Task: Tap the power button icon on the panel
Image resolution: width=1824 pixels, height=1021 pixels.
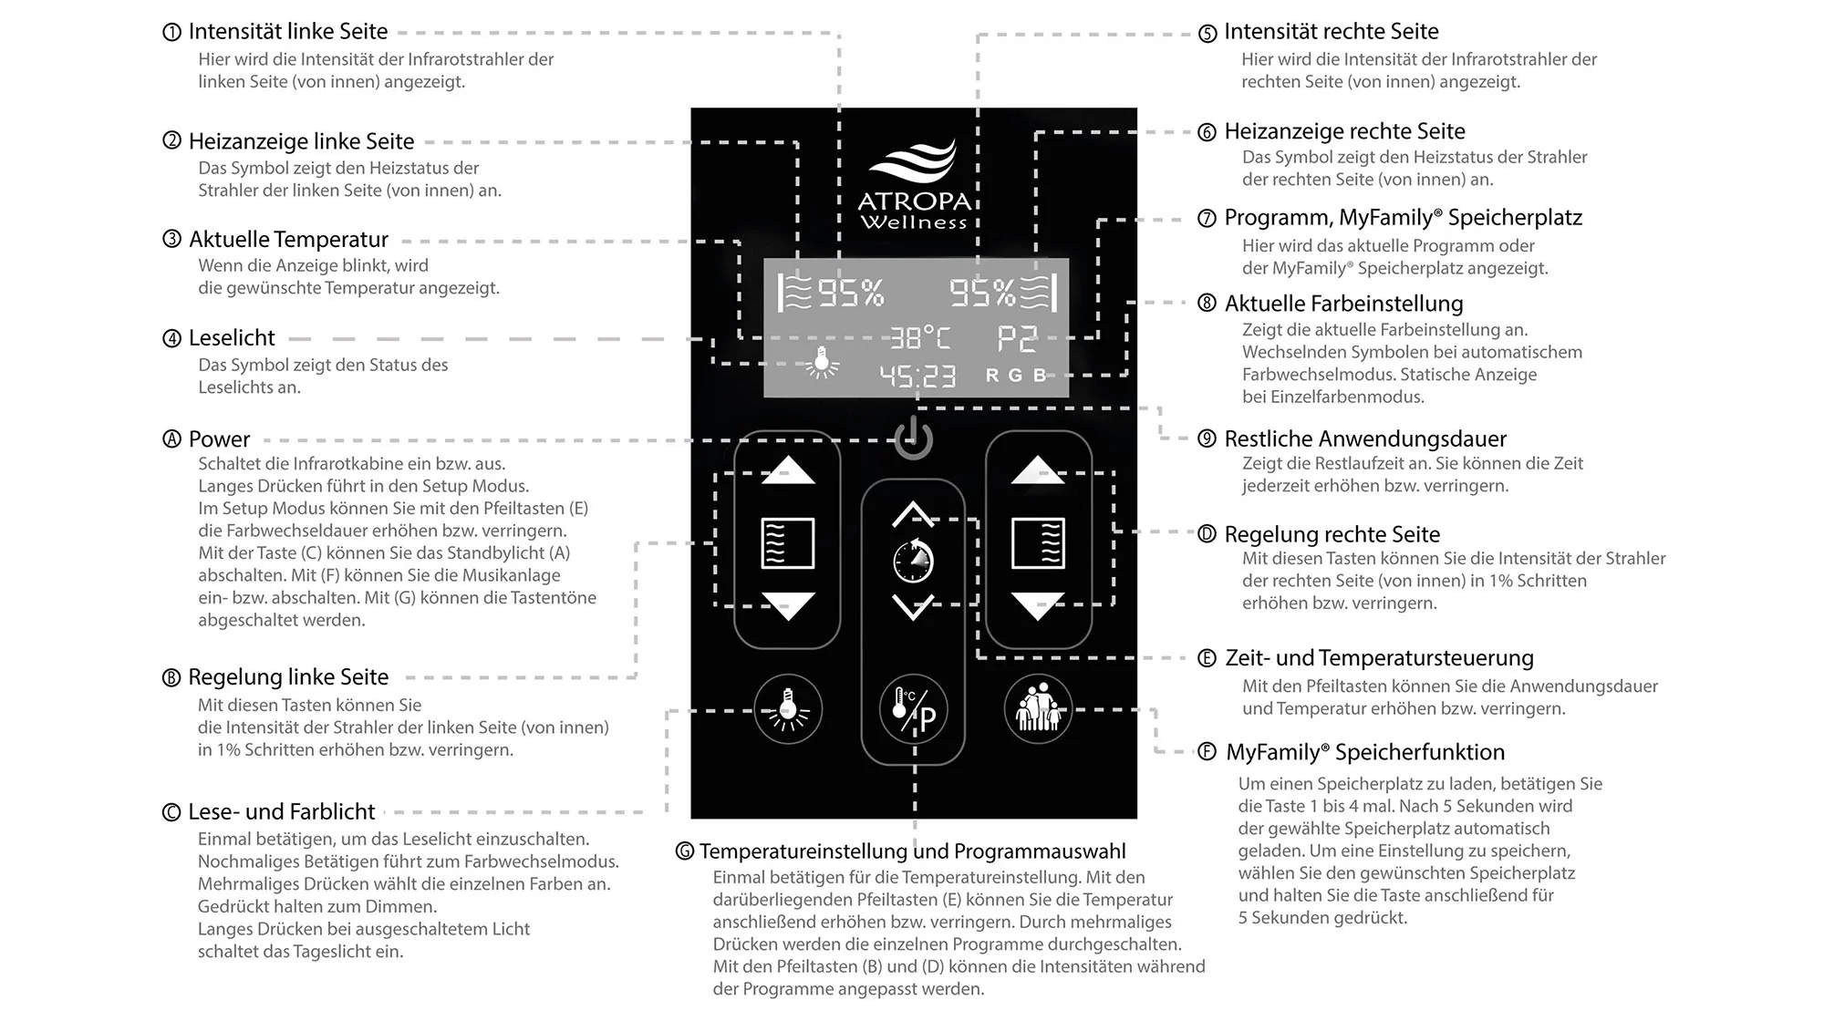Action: tap(914, 438)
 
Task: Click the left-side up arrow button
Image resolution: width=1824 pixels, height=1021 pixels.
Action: tap(788, 470)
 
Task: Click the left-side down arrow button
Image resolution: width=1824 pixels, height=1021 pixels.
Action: tap(788, 605)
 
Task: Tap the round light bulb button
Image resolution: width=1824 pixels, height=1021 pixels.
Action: tap(788, 709)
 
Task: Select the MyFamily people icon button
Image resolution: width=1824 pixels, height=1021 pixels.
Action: tap(1038, 708)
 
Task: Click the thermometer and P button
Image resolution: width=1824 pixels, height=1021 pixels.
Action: tap(914, 710)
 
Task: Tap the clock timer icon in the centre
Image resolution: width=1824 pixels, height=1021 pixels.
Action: tap(913, 561)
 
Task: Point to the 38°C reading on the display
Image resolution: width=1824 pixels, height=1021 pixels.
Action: tap(919, 338)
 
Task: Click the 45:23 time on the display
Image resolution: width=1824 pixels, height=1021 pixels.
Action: tap(917, 376)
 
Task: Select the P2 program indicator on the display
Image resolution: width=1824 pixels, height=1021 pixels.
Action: tap(1016, 338)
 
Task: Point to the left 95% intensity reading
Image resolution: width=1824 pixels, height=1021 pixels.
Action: tap(850, 293)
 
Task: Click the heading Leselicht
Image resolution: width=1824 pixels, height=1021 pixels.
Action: tap(232, 338)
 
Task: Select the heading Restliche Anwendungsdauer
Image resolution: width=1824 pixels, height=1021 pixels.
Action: tap(1365, 438)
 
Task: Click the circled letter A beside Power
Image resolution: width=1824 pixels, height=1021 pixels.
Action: tap(171, 439)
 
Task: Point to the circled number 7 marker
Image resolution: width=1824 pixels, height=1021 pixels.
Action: tap(1207, 219)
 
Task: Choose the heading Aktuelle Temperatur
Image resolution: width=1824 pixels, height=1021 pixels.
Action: tap(288, 240)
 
